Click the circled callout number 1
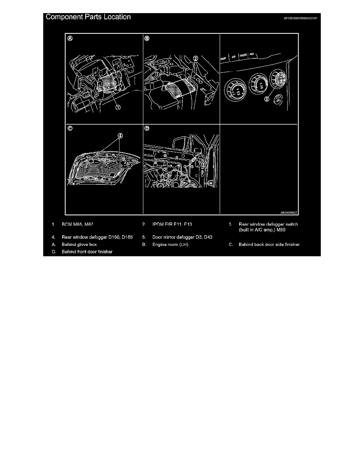coord(118,107)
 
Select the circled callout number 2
coord(195,58)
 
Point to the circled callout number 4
coord(121,135)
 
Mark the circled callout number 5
coord(203,164)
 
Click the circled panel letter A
coord(70,39)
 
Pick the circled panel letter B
coord(147,39)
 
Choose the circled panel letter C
coord(70,129)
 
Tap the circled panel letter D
coord(147,129)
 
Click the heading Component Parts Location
coord(88,17)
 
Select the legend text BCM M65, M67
coord(77,225)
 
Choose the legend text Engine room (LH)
coord(170,245)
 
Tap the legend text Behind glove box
coord(79,245)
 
